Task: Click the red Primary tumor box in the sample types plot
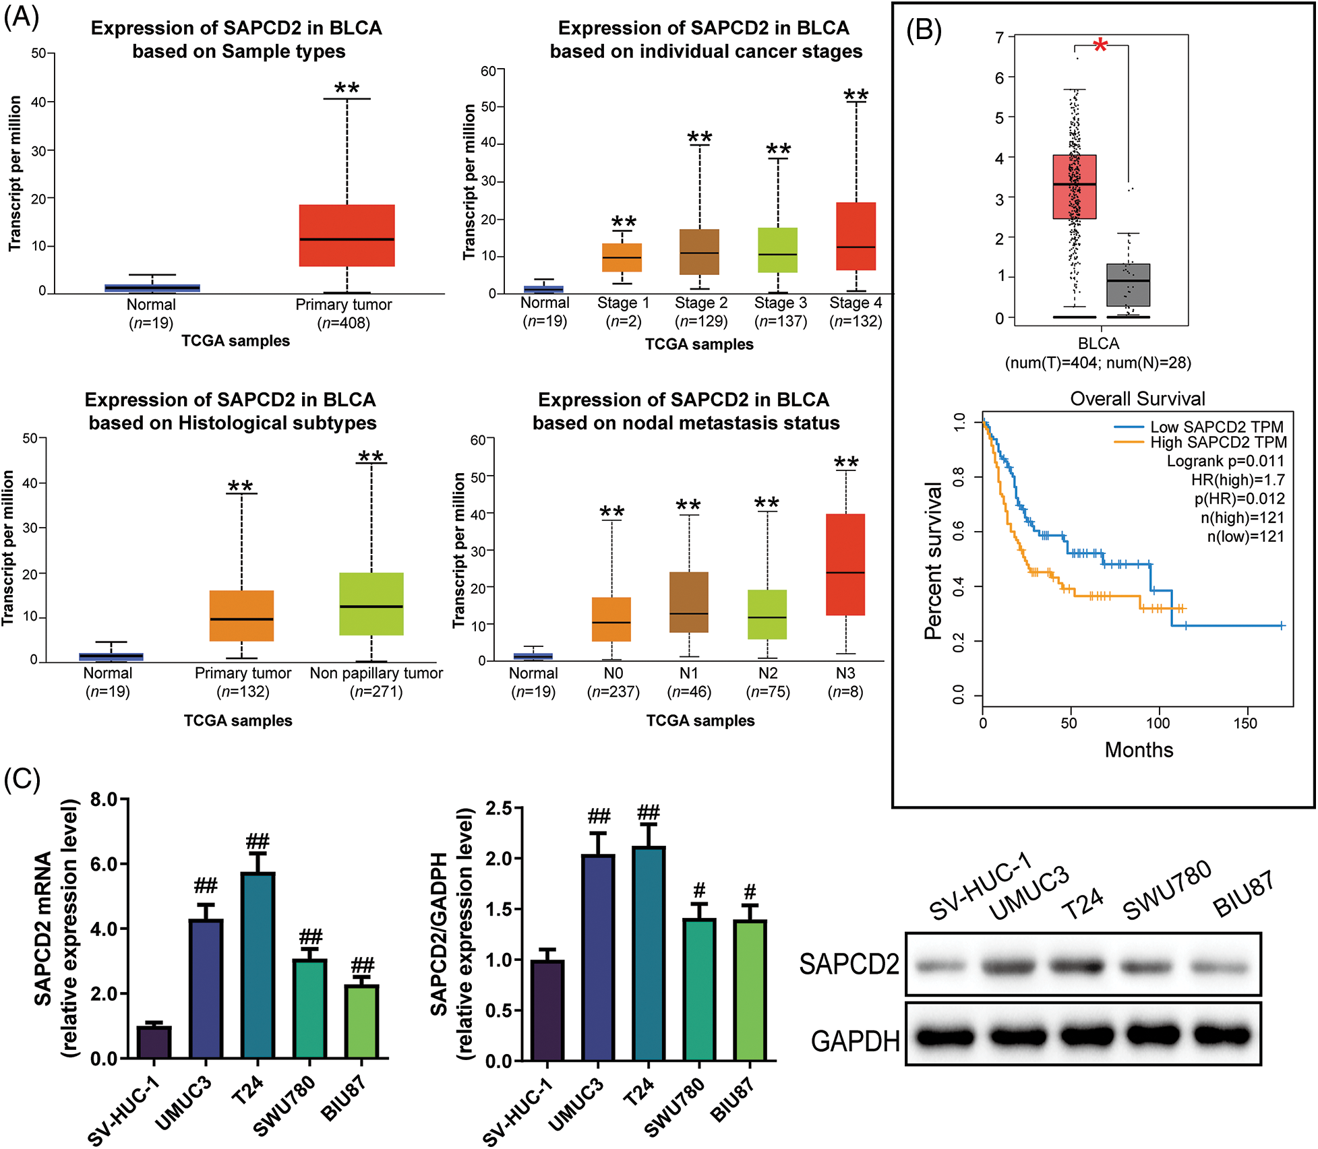pos(347,235)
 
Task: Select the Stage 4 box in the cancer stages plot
pos(856,236)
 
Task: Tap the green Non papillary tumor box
pos(371,604)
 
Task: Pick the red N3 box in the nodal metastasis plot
pos(845,564)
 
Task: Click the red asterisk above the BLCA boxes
pos(1100,46)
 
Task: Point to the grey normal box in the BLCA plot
pos(1128,284)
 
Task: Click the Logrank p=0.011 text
pos(1225,461)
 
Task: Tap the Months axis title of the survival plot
pos(1139,750)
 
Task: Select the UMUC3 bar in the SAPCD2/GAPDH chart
pos(598,957)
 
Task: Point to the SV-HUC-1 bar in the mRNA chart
pos(154,1042)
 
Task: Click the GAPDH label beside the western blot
pos(855,1041)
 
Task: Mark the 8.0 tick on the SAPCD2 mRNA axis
pos(104,800)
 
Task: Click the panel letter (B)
pos(923,30)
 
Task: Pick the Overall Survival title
pos(1137,398)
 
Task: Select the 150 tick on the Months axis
pos(1245,724)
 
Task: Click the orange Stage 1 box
pos(622,257)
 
